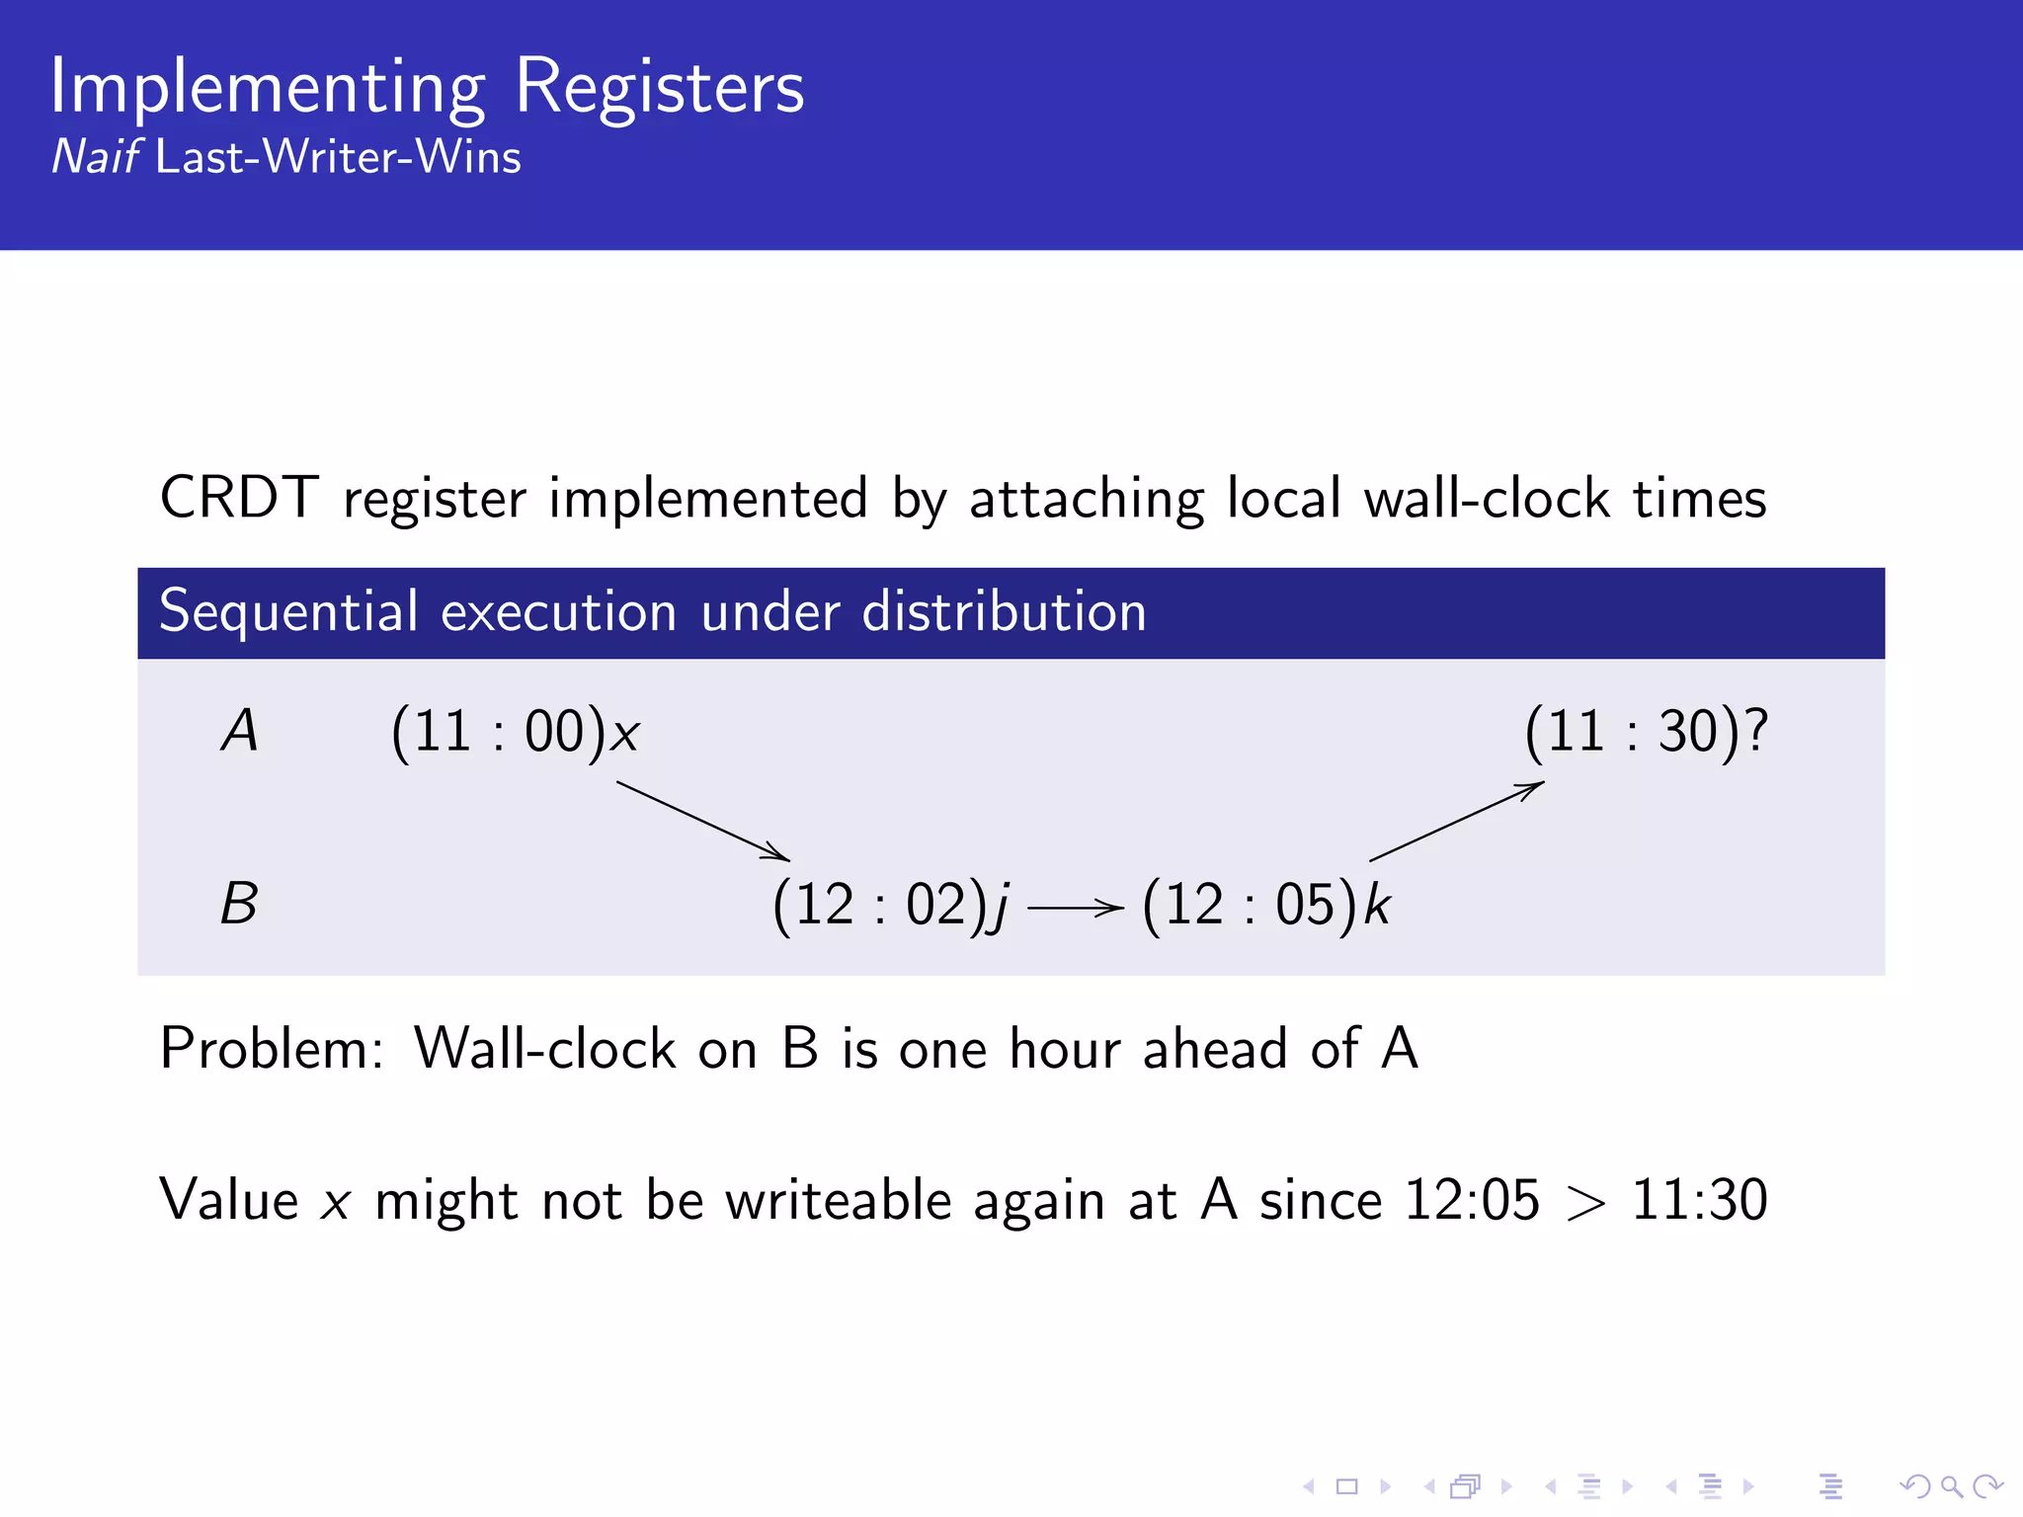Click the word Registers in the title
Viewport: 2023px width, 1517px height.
click(x=659, y=87)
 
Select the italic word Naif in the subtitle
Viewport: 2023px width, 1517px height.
click(x=95, y=157)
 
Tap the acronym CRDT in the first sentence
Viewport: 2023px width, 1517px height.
click(x=239, y=498)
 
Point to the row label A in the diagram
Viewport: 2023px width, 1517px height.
click(x=239, y=732)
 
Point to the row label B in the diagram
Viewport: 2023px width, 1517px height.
click(x=239, y=904)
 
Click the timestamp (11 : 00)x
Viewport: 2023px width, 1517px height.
click(x=516, y=733)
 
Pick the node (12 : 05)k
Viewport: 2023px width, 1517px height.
click(x=1265, y=905)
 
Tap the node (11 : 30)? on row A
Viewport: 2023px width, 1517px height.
click(x=1646, y=733)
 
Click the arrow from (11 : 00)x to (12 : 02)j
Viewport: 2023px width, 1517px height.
click(x=702, y=821)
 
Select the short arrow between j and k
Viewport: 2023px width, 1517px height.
click(x=1075, y=907)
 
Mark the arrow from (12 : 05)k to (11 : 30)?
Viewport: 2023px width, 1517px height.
click(x=1456, y=822)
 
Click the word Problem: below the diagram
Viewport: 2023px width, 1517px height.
click(x=272, y=1049)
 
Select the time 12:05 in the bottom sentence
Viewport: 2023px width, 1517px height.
click(x=1472, y=1201)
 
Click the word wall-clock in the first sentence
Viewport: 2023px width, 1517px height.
click(x=1487, y=498)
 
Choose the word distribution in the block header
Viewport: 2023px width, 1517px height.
click(x=1004, y=611)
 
